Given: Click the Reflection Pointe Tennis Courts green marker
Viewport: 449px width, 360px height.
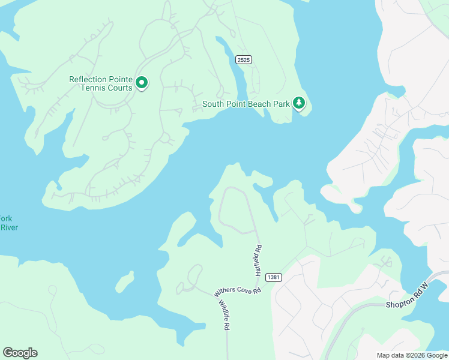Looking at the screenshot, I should coord(142,83).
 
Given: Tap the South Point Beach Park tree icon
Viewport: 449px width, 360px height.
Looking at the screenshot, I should coord(299,103).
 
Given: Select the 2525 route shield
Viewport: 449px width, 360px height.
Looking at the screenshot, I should coord(243,59).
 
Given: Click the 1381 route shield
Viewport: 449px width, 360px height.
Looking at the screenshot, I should coord(273,277).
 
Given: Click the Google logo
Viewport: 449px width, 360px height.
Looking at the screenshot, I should coord(20,352).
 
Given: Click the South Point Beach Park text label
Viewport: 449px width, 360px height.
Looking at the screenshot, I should coord(246,104).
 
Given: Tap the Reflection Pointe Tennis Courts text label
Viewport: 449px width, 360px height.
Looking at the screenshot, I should coord(101,83).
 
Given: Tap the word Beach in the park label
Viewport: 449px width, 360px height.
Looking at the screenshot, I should coord(260,104).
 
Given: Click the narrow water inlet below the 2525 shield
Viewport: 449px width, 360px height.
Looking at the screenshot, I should coord(238,78).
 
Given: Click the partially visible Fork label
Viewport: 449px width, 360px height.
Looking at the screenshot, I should coord(6,218).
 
